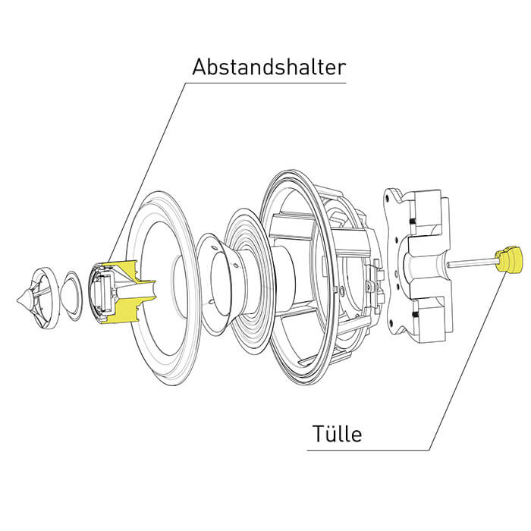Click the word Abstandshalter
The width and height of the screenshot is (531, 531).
pyautogui.click(x=269, y=67)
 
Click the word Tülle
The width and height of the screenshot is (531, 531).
pyautogui.click(x=337, y=433)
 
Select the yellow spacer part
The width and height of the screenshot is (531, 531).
pyautogui.click(x=127, y=291)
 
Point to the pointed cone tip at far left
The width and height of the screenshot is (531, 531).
pyautogui.click(x=17, y=300)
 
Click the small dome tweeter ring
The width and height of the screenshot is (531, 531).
pyautogui.click(x=71, y=294)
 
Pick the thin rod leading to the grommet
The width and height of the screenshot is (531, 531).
pyautogui.click(x=472, y=262)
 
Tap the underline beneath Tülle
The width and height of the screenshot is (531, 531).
pyautogui.click(x=369, y=450)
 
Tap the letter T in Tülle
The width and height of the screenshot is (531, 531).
pyautogui.click(x=318, y=433)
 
